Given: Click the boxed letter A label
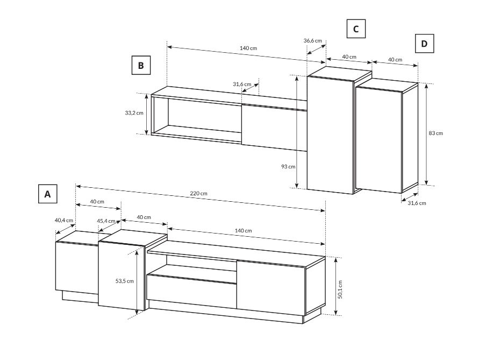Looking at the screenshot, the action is pos(48,194).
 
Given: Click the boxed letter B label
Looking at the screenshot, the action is pos(141,65).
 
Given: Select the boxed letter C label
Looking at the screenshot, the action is pos(356,29).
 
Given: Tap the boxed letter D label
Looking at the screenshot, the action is pos(424,44).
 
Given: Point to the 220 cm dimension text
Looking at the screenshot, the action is pos(198,193).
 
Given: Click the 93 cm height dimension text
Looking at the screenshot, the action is pos(288,167).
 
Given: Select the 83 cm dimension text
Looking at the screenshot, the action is pos(435,133).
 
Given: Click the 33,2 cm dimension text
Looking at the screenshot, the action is pos(134,113).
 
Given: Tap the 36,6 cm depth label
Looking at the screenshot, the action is pos(313,40).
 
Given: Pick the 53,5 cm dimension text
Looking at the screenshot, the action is pos(124,281).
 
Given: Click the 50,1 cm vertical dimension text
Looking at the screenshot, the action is pos(341,290).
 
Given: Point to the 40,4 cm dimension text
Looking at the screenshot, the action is pos(64,220).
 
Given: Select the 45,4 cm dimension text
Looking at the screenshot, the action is pos(106,221).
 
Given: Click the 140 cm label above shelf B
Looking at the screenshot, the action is pos(248,48).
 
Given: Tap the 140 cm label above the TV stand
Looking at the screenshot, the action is pos(243,231).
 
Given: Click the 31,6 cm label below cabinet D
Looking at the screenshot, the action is pos(417,203).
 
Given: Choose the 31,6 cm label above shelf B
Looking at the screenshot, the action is pos(242,84).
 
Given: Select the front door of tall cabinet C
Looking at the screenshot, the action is pos(330,135).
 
